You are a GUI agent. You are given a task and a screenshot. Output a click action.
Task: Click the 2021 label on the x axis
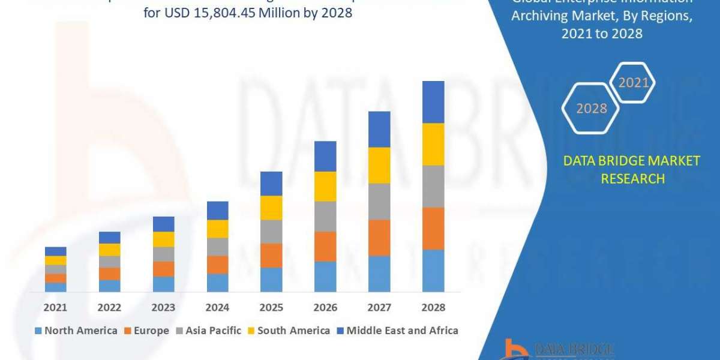coord(55,307)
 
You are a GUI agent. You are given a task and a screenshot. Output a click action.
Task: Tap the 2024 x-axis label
coord(217,307)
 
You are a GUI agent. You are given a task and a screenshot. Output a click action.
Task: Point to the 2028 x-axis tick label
coord(433,307)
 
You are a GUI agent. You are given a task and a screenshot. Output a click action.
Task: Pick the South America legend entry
coord(288,330)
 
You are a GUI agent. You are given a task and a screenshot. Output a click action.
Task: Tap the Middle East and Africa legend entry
coord(397,330)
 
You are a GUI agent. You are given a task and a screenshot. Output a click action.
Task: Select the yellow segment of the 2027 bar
coord(379,165)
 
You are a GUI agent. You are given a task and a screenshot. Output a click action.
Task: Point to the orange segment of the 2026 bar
coord(325,247)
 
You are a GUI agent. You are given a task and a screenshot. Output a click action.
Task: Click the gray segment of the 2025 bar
coord(271,232)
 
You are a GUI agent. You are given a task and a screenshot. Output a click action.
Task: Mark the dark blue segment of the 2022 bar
coord(109,238)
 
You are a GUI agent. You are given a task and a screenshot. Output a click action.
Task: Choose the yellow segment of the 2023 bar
coord(163,239)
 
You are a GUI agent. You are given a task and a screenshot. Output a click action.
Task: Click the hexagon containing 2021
coord(633,83)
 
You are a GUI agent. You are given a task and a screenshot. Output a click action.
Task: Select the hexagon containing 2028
coord(591,109)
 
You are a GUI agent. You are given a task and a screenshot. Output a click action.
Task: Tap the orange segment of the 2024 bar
coord(217,265)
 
